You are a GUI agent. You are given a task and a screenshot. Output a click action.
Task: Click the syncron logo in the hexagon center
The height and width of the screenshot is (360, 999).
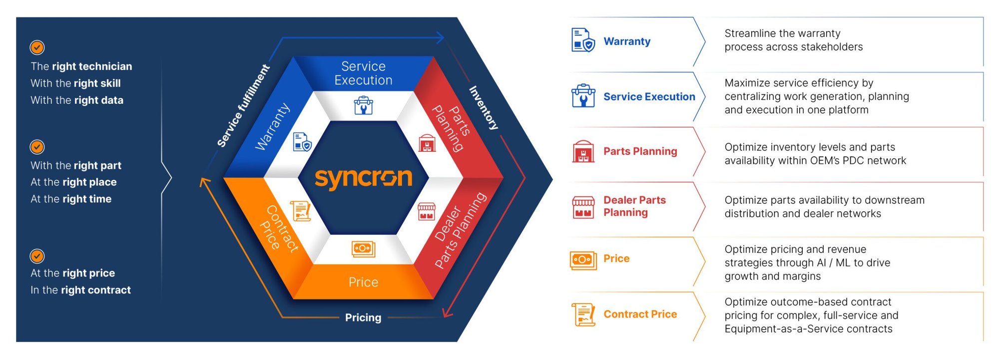pos(363,178)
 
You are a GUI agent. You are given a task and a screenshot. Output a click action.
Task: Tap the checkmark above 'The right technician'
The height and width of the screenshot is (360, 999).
pos(37,47)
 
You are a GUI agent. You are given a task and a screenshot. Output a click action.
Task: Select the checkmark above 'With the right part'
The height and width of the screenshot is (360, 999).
pos(37,147)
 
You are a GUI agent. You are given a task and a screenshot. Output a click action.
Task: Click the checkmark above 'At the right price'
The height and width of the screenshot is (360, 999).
pos(37,256)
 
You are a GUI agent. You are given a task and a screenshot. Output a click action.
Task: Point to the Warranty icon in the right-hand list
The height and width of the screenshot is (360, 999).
pos(583,40)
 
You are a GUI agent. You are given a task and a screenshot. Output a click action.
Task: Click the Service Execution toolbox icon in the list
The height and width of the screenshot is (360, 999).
pos(583,96)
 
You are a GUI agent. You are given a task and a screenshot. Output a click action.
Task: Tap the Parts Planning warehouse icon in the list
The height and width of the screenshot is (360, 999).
pos(583,151)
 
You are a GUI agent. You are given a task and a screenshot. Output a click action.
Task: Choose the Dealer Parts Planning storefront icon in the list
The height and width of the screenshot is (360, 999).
pos(583,207)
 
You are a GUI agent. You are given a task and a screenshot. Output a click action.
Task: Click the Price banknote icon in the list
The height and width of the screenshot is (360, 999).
pos(583,260)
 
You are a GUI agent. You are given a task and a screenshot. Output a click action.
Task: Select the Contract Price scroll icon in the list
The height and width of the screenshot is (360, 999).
pos(583,315)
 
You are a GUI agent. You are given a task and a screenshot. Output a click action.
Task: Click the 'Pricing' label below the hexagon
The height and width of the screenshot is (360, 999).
pos(363,318)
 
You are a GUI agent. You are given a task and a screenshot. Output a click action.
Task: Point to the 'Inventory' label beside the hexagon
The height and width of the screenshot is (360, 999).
pos(484,108)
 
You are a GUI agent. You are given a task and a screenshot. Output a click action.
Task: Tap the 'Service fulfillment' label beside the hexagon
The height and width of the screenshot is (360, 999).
pos(243,106)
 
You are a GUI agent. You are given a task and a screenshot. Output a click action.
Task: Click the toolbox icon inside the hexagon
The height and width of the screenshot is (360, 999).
pos(363,105)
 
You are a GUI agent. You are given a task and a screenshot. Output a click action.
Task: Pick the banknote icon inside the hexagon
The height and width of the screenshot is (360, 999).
pos(363,248)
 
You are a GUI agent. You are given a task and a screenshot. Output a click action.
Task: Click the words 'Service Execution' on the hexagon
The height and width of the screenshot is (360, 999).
pos(363,73)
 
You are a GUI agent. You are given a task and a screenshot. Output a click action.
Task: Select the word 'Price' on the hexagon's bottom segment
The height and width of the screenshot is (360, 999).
pos(363,282)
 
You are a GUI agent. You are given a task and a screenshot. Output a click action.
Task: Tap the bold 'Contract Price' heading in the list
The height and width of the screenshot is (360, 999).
pos(640,314)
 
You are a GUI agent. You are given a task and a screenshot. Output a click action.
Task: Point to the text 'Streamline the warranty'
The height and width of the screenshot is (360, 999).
pos(782,33)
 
